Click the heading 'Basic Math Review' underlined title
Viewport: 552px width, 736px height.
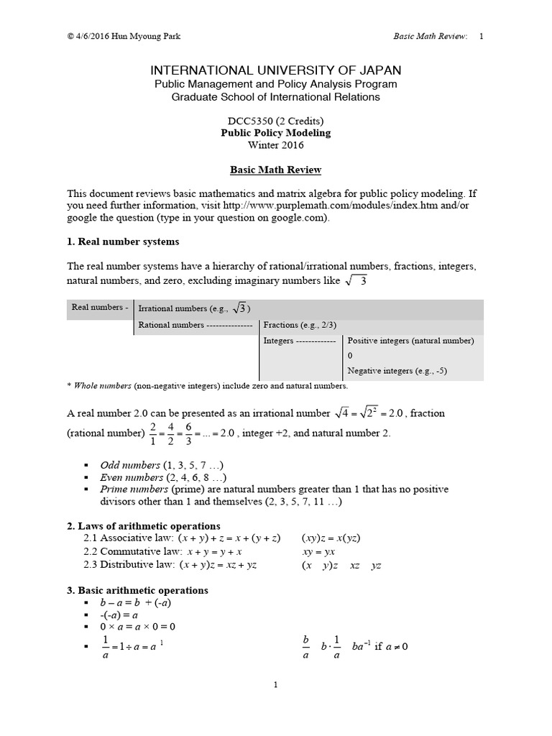click(x=275, y=170)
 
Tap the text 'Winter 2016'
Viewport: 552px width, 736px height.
click(x=275, y=145)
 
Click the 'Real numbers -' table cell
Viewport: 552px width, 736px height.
click(x=100, y=308)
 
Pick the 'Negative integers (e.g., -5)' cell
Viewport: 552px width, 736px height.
click(x=397, y=371)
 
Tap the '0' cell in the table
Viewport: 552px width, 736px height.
click(x=350, y=356)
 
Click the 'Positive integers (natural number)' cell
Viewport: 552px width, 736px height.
click(x=410, y=341)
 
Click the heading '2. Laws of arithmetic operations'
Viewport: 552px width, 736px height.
click(x=143, y=526)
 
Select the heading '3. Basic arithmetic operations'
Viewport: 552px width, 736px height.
click(x=137, y=590)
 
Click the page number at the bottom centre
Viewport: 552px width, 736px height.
click(x=275, y=685)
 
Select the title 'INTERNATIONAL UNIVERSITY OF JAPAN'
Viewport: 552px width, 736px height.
click(x=275, y=70)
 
